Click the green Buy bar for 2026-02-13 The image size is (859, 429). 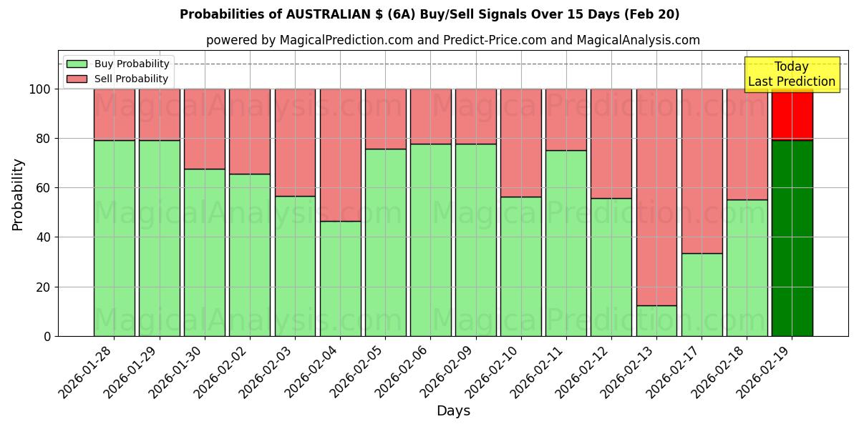click(656, 320)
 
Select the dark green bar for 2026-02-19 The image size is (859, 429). click(792, 238)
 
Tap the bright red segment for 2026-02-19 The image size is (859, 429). click(792, 114)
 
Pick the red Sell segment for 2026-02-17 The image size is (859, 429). click(702, 171)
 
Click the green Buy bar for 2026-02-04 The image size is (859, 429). click(340, 278)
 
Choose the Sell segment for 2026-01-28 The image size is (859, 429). click(114, 114)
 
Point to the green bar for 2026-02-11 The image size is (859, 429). click(566, 243)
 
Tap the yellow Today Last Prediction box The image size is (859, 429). click(792, 74)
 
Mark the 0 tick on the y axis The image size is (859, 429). click(47, 336)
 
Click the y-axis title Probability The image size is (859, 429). click(18, 194)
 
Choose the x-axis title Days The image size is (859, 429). click(453, 411)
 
